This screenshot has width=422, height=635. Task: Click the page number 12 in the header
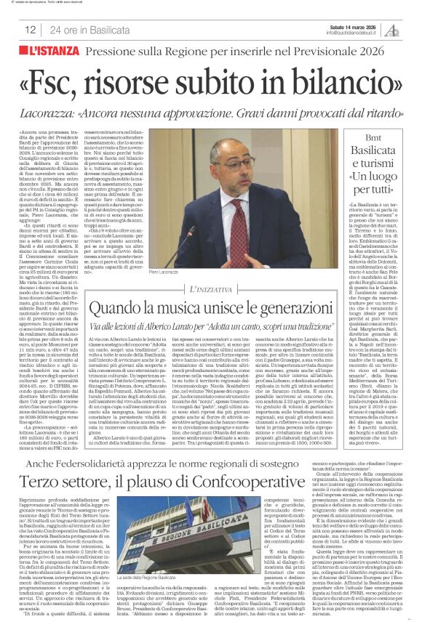click(x=31, y=30)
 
